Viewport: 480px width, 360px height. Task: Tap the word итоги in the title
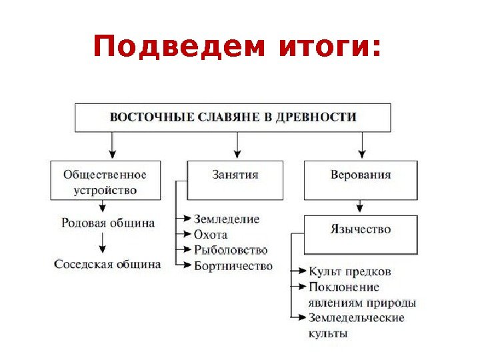pos(325,48)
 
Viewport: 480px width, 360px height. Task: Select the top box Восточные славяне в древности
pos(233,117)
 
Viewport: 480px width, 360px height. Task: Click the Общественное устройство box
pos(105,181)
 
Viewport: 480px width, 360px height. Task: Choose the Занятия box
pos(235,176)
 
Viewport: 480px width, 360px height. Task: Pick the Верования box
pos(361,176)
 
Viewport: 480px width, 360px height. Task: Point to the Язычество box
pos(361,230)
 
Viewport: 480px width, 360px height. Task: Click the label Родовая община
pos(107,223)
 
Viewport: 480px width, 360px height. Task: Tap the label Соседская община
pos(107,264)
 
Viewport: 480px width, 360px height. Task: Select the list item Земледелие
pos(227,219)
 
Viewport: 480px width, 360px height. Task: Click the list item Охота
pos(211,235)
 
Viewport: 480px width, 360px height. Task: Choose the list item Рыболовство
pos(230,250)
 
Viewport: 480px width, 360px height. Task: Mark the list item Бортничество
pos(233,266)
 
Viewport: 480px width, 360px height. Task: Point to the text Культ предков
pos(350,271)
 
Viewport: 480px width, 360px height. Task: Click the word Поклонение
pos(344,287)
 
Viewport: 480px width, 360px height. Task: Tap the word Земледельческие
pos(357,317)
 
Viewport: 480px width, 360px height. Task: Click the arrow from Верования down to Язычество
pos(361,207)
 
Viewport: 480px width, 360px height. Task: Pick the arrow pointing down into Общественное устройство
pos(112,145)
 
